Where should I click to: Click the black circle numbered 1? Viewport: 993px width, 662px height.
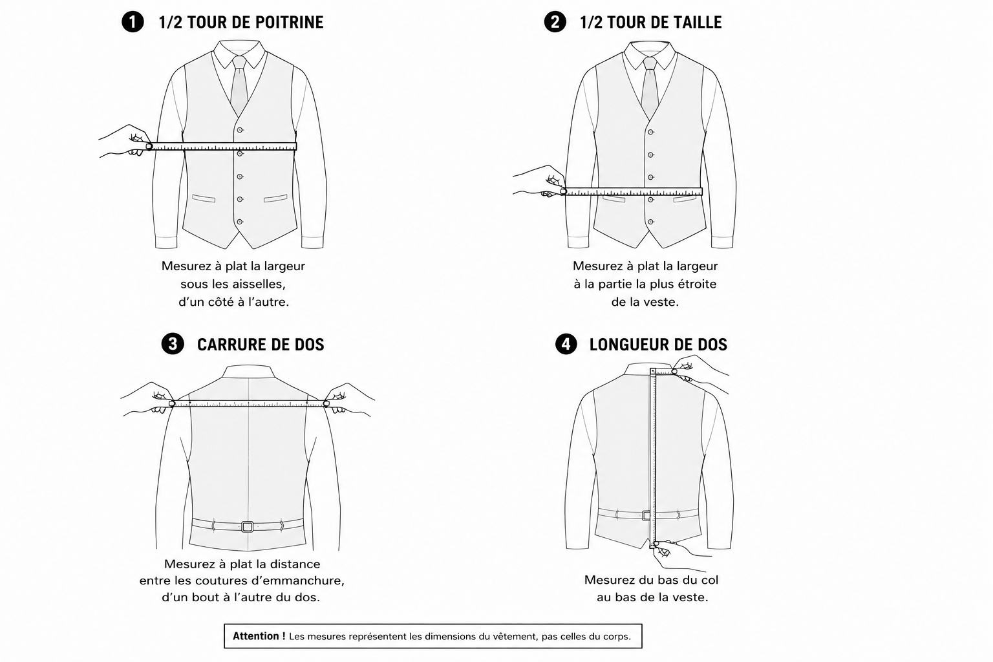(x=133, y=22)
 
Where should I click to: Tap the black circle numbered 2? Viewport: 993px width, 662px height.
(x=555, y=22)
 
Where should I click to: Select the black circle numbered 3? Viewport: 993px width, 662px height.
(x=173, y=344)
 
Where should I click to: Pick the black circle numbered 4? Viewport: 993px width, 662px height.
(x=566, y=344)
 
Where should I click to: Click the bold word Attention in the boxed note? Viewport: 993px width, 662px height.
(x=256, y=636)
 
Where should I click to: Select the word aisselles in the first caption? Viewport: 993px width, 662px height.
(x=259, y=284)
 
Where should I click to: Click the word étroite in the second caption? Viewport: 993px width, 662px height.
(x=695, y=284)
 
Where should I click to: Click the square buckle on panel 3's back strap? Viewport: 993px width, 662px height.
(x=248, y=526)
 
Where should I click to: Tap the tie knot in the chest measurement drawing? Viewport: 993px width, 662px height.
(x=239, y=63)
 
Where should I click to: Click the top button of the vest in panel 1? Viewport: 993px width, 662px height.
(x=240, y=130)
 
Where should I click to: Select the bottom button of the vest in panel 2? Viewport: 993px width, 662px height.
(x=651, y=222)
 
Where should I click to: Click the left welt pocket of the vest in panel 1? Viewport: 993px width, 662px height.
(x=204, y=198)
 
